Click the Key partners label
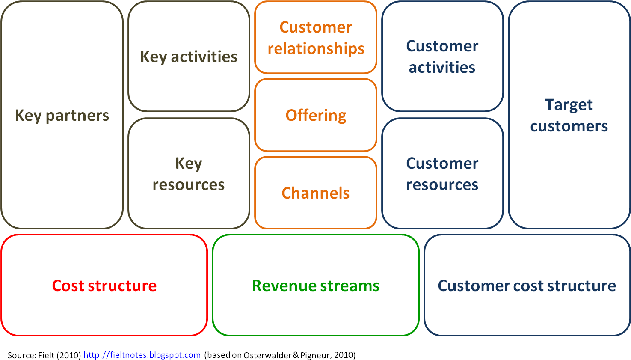[62, 116]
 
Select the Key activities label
[189, 57]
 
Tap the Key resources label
[189, 174]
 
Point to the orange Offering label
[316, 116]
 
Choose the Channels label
[316, 193]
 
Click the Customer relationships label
[316, 38]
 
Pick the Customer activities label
[442, 57]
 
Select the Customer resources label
[442, 174]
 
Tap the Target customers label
[569, 115]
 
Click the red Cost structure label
[104, 286]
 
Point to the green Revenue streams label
[316, 286]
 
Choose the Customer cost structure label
[527, 286]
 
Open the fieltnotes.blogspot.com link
[142, 355]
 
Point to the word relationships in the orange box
[316, 48]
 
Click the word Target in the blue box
[569, 105]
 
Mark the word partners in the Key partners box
[77, 116]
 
